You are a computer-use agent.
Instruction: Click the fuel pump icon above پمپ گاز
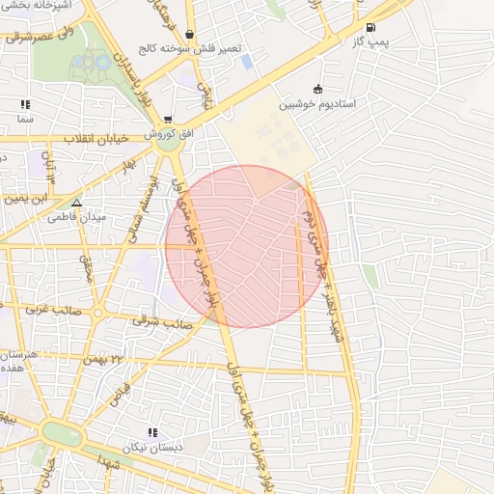[x=372, y=27]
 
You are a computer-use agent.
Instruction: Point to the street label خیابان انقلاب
[x=96, y=138]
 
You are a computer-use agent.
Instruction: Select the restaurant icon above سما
[x=24, y=104]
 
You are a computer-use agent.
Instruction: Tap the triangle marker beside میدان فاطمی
[x=76, y=203]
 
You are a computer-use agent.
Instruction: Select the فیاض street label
[x=120, y=394]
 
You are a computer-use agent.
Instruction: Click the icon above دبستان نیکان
[x=151, y=432]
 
